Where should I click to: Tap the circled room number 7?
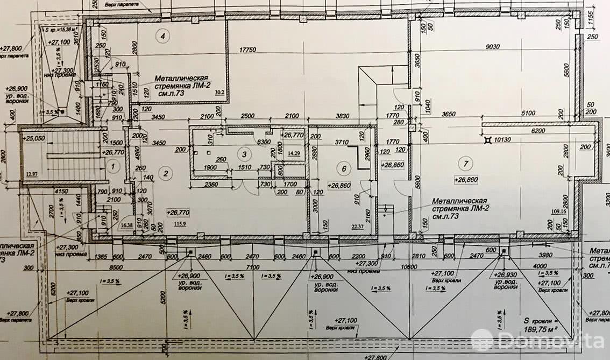[x=462, y=163]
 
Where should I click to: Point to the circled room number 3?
[x=245, y=155]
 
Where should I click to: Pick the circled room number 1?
[x=112, y=167]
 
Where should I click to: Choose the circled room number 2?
[x=166, y=173]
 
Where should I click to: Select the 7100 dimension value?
[x=252, y=267]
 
